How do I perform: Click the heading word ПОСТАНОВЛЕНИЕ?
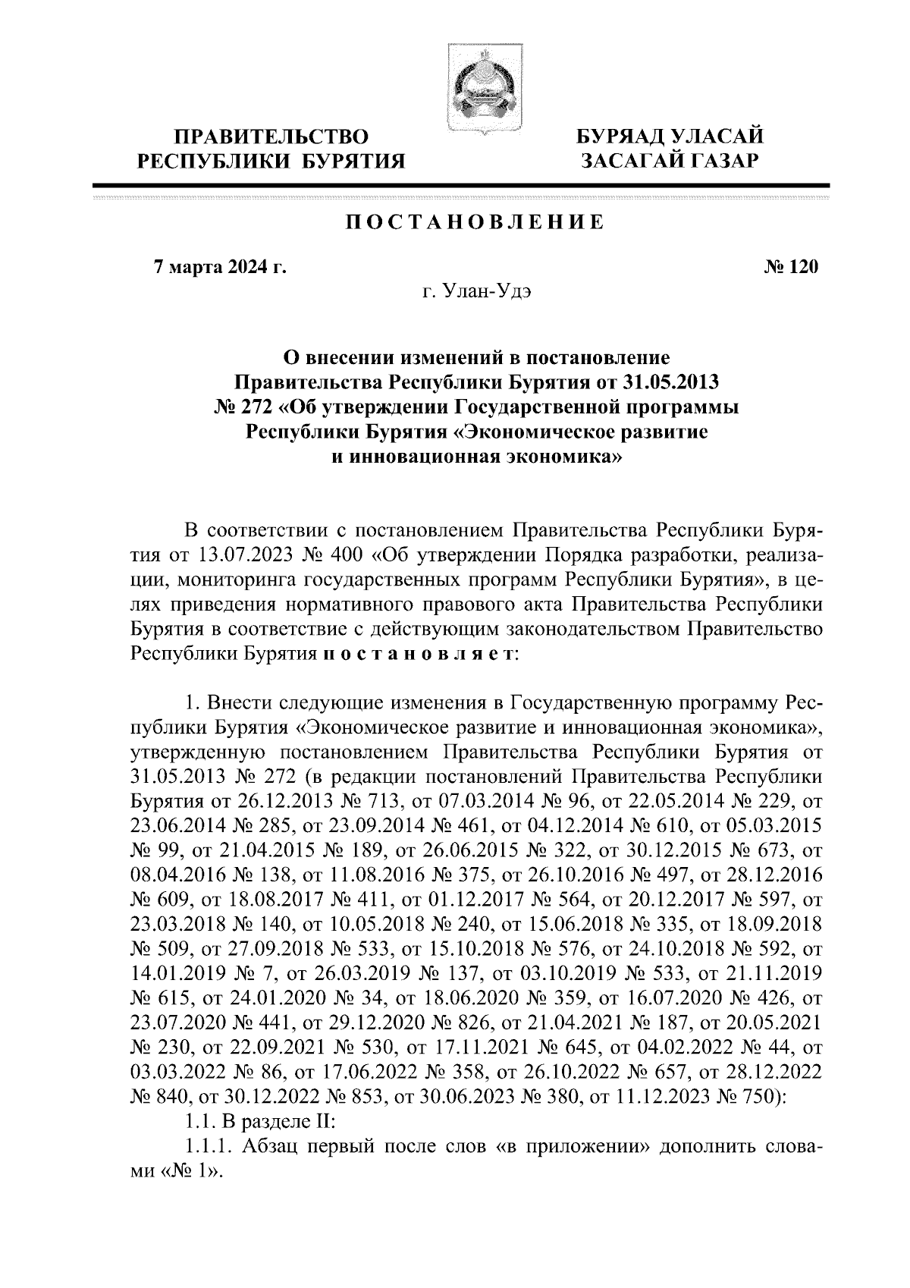[x=475, y=222]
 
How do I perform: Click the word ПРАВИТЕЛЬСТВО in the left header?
[x=271, y=137]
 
